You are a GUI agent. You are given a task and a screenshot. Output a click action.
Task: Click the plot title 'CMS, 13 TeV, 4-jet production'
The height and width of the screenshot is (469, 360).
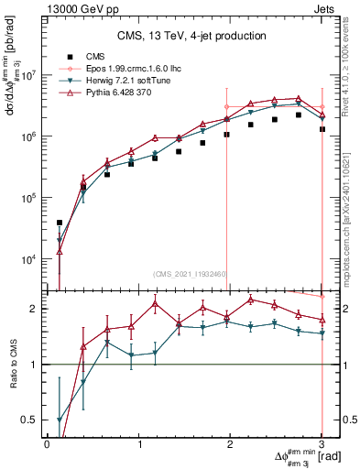[191, 36]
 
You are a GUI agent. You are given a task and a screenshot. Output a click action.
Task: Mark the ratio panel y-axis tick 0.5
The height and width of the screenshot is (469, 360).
[31, 420]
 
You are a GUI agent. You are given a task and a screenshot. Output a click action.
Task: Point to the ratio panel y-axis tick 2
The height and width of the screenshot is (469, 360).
[35, 309]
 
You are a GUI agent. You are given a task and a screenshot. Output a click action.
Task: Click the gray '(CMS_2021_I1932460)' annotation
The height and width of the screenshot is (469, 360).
[191, 274]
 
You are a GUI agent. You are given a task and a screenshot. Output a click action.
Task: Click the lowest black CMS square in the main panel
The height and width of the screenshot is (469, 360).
[60, 223]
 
